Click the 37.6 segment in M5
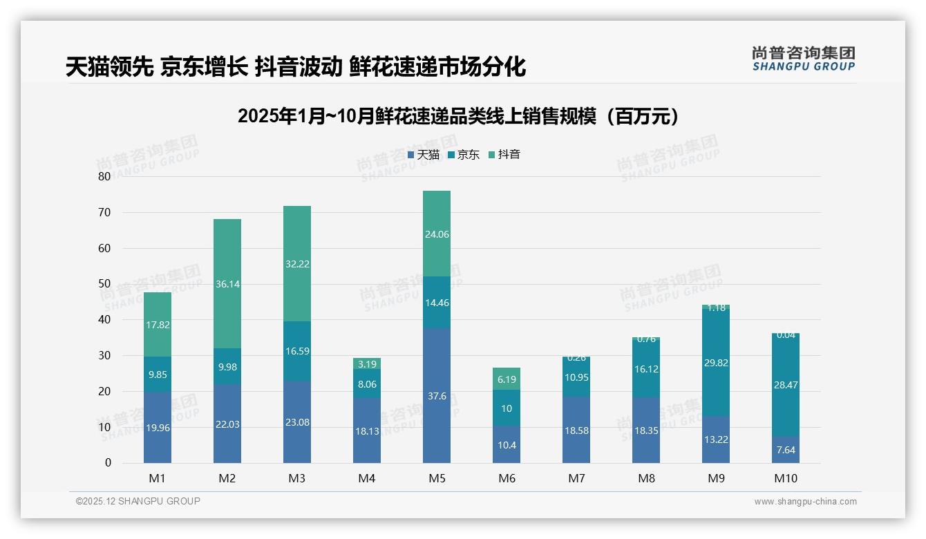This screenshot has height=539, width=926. [437, 395]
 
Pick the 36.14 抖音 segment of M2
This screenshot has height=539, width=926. [227, 284]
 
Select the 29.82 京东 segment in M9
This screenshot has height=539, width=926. [716, 362]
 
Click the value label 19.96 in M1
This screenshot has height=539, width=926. [158, 428]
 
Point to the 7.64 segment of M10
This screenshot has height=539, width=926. [786, 450]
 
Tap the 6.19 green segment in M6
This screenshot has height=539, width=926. [507, 379]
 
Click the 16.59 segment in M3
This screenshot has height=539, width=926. [297, 351]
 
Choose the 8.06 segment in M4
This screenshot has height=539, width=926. [367, 384]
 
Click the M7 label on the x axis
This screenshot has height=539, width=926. [576, 478]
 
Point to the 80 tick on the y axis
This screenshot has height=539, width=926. [104, 176]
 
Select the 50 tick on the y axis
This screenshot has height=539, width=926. [104, 284]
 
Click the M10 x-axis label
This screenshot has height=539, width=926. [786, 478]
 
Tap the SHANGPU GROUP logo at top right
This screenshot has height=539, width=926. [803, 59]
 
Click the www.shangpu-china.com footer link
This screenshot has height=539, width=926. [805, 502]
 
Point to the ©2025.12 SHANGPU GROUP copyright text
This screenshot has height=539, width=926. [138, 501]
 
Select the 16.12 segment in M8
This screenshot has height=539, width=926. [646, 369]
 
